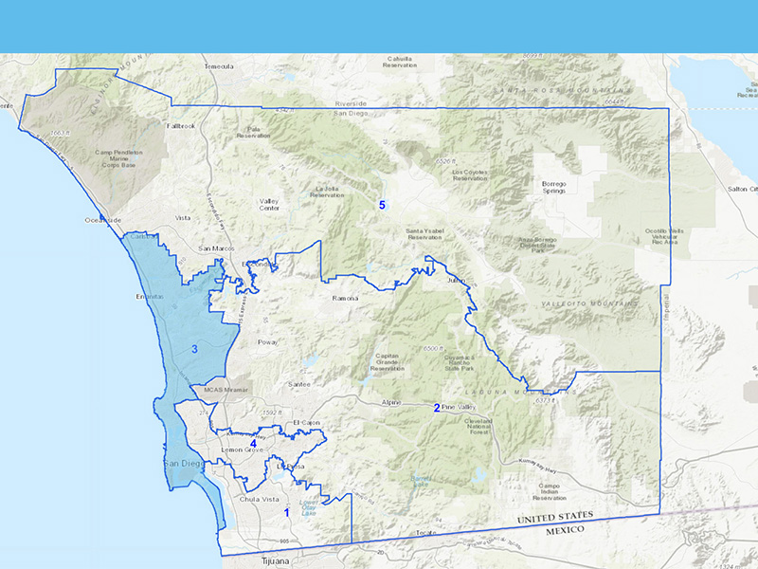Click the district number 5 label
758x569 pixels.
(383, 205)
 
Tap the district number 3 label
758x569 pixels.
(194, 350)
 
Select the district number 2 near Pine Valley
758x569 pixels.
(436, 408)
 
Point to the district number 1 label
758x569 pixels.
(286, 512)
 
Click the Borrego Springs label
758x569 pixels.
(553, 187)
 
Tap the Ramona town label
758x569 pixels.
(345, 299)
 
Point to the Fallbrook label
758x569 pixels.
(180, 125)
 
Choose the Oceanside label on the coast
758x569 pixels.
(103, 220)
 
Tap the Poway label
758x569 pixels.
(268, 341)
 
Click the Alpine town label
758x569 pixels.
(391, 403)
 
